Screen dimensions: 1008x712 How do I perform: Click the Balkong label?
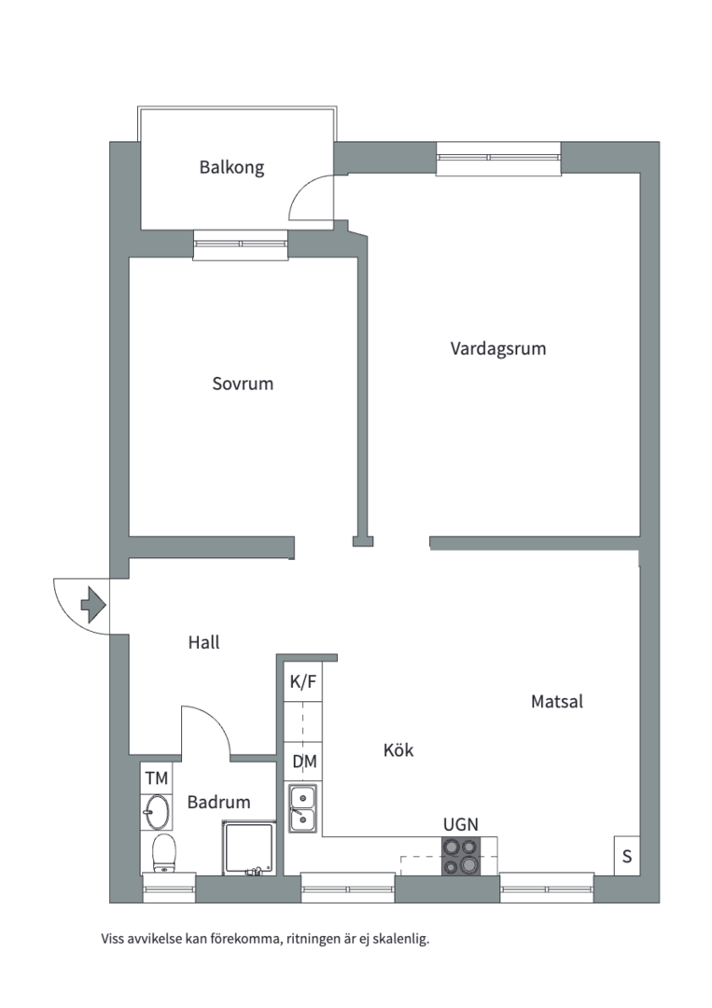[x=231, y=168]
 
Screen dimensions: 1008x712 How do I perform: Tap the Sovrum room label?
[x=243, y=384]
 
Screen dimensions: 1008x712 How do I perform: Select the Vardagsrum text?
[x=497, y=349]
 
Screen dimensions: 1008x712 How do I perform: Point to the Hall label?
[x=203, y=642]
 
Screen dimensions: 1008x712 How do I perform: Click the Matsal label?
[x=556, y=702]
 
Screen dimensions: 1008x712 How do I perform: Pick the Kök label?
[x=398, y=750]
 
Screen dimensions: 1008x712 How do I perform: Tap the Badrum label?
[x=218, y=802]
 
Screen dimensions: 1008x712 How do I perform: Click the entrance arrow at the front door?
[x=92, y=604]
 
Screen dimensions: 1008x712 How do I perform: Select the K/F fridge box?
[x=303, y=682]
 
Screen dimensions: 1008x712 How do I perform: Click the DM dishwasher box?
[x=304, y=762]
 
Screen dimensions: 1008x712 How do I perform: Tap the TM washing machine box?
[x=156, y=777]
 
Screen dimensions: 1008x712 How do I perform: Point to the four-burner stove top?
[x=461, y=856]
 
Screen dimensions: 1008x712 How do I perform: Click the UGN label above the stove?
[x=461, y=824]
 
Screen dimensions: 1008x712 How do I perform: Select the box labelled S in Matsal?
[x=626, y=856]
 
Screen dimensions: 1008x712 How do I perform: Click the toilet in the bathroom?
[x=164, y=853]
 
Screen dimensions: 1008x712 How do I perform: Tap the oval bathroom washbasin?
[x=158, y=812]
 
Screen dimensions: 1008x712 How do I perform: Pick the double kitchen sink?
[x=302, y=808]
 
